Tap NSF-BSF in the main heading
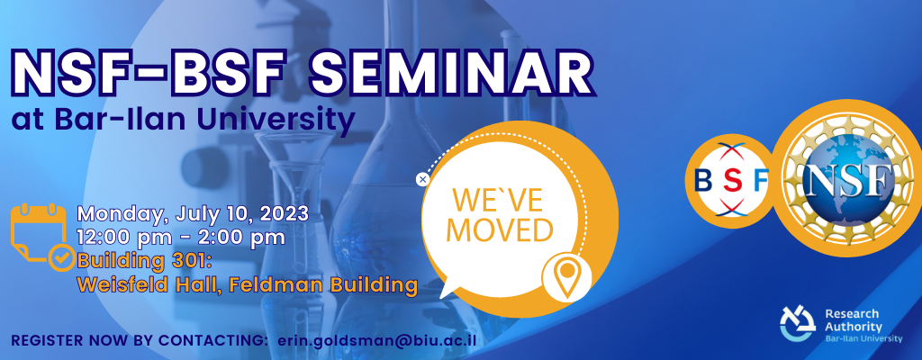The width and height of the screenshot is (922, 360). tap(147, 76)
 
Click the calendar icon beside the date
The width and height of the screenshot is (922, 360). tap(38, 232)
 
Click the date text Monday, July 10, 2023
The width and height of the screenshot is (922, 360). tap(193, 213)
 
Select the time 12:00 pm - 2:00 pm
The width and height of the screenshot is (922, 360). tap(181, 237)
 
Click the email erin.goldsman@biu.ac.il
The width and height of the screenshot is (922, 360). tap(377, 341)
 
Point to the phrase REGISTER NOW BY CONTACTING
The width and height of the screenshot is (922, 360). tap(138, 341)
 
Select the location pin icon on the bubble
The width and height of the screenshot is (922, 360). tap(566, 277)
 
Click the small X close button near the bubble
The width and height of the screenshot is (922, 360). tap(422, 179)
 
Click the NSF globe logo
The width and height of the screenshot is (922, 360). tap(847, 178)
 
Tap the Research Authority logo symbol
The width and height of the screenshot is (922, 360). tap(798, 324)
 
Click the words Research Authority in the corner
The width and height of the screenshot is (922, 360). tap(854, 320)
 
